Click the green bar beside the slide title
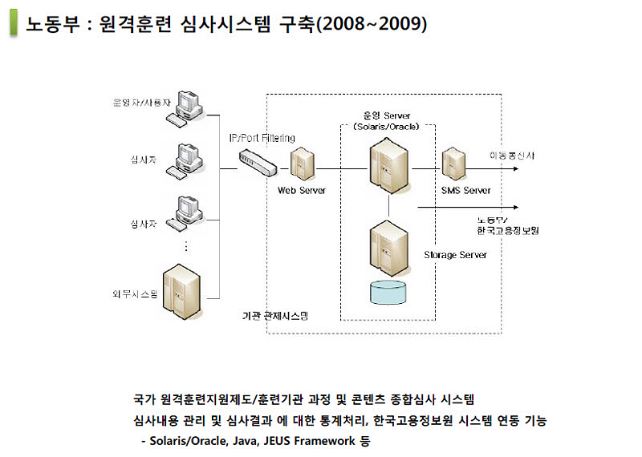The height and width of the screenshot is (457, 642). [x=14, y=23]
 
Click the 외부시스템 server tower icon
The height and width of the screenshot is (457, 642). [x=181, y=289]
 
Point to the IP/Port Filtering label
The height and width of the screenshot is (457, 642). [x=262, y=138]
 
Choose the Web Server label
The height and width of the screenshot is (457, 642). [x=301, y=191]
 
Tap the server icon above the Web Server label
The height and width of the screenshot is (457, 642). [x=301, y=164]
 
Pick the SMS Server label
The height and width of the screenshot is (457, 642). [x=465, y=191]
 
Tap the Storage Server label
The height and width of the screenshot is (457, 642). [x=455, y=255]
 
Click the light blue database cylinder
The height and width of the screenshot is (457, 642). [x=388, y=292]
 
